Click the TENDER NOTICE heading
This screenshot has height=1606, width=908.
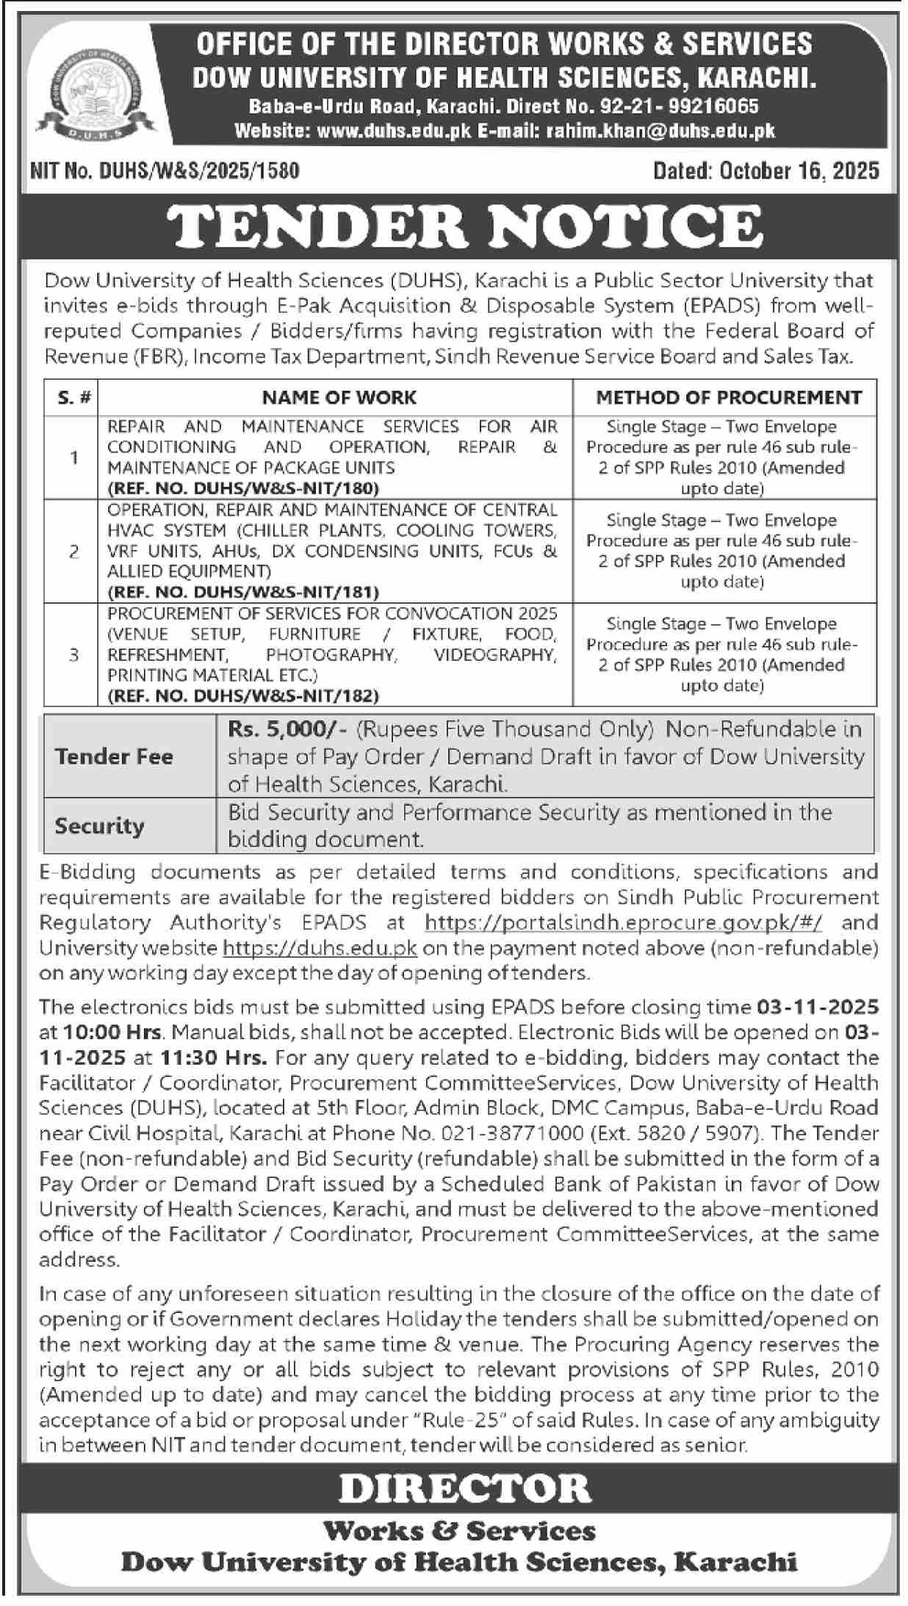468,225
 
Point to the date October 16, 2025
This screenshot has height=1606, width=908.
799,171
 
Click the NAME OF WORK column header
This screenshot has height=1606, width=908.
339,398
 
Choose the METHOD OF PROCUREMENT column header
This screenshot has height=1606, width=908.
728,398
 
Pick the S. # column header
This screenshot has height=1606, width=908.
73,398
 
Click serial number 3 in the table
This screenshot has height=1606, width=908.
73,654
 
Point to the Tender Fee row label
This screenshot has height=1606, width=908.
114,756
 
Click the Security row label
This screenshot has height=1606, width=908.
99,826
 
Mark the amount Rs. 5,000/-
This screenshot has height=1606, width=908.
288,729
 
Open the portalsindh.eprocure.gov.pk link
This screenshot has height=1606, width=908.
623,922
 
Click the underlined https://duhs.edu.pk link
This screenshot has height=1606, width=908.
320,948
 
